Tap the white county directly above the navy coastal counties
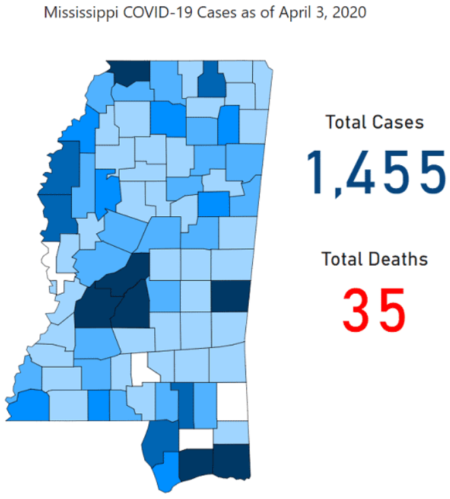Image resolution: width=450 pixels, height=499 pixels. [x=196, y=439]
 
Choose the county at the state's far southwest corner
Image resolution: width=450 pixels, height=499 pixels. [x=27, y=405]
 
